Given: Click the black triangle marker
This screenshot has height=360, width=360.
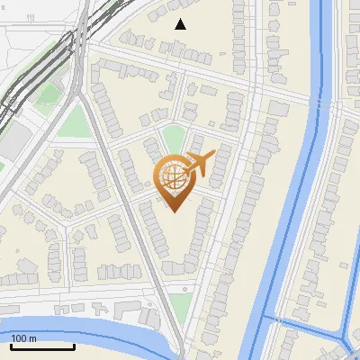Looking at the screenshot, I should (181, 24).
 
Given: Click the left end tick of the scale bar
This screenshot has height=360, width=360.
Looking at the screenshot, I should (11, 346).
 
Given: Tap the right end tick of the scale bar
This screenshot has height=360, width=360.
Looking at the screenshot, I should (74, 346).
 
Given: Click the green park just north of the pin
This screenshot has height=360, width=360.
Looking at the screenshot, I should (170, 139).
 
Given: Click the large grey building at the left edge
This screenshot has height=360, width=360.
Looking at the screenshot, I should (12, 140).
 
